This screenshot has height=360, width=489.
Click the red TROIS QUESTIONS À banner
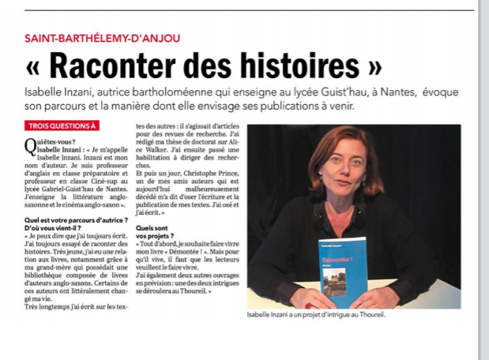[62, 125]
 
